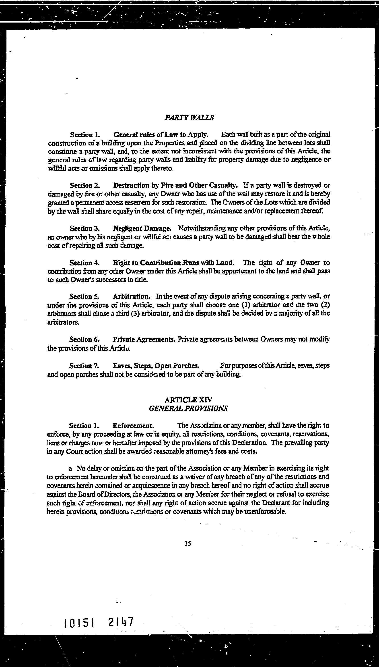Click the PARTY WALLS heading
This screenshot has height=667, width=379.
click(x=189, y=118)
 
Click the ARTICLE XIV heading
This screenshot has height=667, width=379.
click(x=188, y=400)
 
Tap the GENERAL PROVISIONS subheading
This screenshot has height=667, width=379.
click(x=188, y=408)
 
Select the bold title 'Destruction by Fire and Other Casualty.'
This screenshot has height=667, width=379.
click(x=175, y=185)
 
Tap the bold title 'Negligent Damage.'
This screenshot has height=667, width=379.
click(x=142, y=228)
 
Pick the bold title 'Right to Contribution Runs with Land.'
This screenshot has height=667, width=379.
click(x=173, y=263)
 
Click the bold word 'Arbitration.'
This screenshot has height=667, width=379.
click(x=132, y=296)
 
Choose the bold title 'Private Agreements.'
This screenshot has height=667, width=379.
click(x=144, y=339)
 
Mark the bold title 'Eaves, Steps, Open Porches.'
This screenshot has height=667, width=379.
click(x=156, y=366)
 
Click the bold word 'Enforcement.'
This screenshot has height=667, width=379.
click(x=133, y=426)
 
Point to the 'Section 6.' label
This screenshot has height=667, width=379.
click(x=84, y=339)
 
